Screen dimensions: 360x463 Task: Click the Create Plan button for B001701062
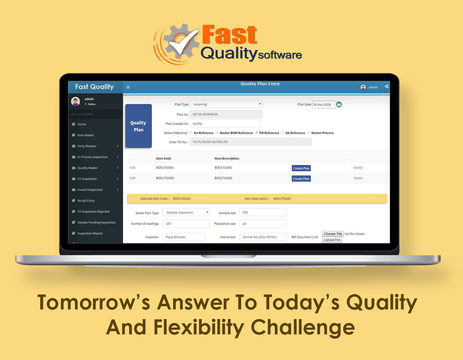click(x=301, y=179)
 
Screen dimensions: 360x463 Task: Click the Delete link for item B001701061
click(x=358, y=168)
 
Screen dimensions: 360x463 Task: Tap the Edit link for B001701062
click(x=133, y=178)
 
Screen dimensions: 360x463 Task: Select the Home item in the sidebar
click(x=82, y=124)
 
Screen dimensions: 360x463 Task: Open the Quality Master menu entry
click(x=88, y=168)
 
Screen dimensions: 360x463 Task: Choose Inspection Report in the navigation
click(x=90, y=234)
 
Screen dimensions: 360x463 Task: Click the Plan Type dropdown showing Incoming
click(x=226, y=104)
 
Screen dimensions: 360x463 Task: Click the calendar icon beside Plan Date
click(x=339, y=104)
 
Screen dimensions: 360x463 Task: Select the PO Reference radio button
click(x=256, y=132)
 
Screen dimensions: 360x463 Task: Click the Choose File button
click(x=333, y=234)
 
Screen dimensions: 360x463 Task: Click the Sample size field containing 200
click(x=263, y=212)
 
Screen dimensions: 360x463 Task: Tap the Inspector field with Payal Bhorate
click(x=183, y=237)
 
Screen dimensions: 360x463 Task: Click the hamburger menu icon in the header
click(x=128, y=87)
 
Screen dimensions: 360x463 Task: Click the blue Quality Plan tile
click(x=139, y=126)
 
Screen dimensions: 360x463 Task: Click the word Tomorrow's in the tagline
click(x=94, y=303)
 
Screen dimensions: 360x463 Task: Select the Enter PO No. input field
click(x=251, y=142)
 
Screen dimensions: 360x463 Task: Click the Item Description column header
click(x=227, y=158)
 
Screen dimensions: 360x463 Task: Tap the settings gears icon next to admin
click(x=386, y=87)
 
